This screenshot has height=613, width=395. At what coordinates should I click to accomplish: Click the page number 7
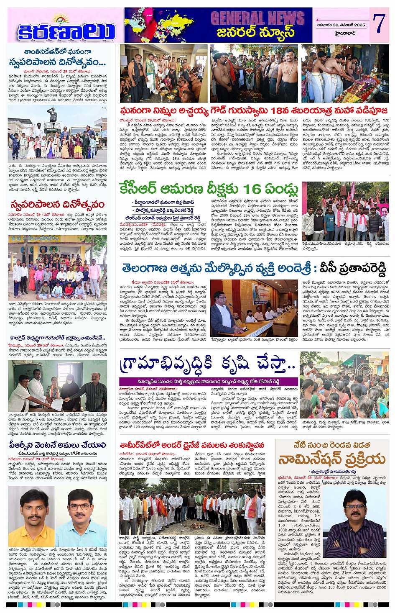379,24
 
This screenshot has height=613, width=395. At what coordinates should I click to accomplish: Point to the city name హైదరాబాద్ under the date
342,32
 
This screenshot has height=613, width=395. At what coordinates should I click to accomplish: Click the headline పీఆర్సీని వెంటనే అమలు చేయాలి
57,445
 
